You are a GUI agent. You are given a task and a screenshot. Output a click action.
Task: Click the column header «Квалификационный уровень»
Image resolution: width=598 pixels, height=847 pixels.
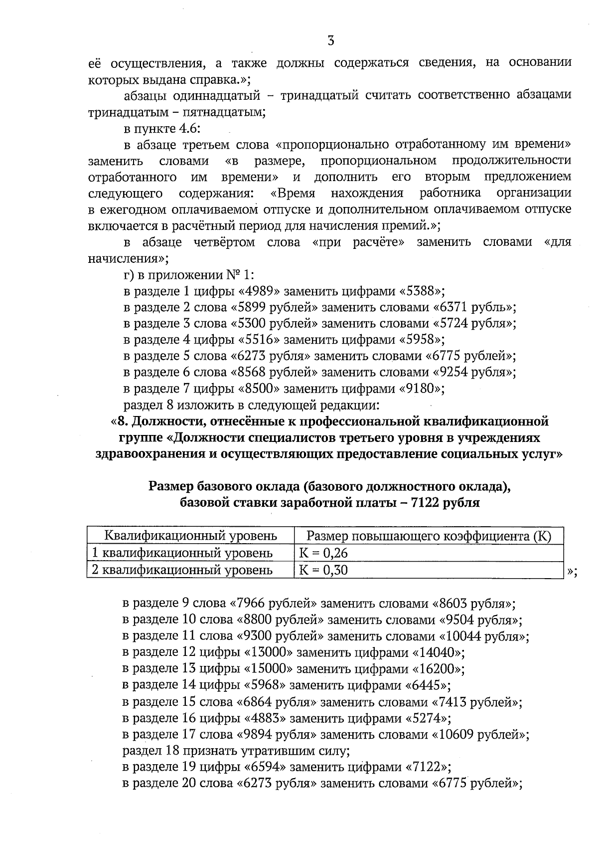click(x=190, y=536)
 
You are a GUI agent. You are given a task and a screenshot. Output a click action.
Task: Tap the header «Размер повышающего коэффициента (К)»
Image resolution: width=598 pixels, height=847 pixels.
click(x=429, y=536)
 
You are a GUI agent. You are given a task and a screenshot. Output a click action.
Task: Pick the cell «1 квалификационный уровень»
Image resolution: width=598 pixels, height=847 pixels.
click(x=183, y=553)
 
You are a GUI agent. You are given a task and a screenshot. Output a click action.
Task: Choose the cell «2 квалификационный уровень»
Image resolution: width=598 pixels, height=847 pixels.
click(x=183, y=569)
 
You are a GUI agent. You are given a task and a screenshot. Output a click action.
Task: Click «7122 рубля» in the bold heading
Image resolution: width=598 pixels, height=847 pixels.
click(x=446, y=502)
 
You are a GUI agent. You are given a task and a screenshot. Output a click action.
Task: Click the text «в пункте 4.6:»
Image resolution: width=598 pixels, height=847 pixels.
click(x=161, y=129)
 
